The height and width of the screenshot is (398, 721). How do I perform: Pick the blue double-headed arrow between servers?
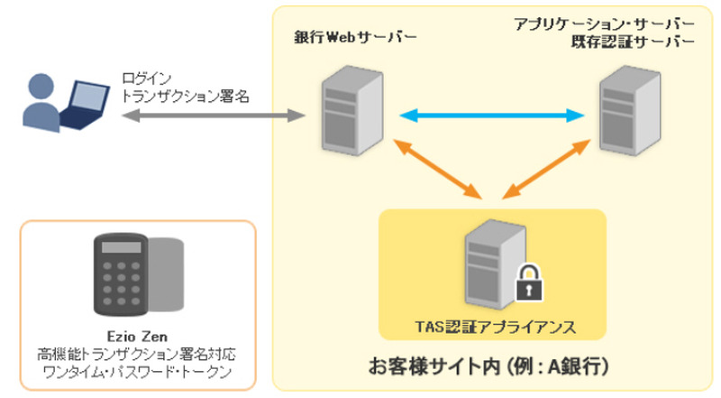492,115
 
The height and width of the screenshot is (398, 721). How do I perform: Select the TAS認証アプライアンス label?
492,325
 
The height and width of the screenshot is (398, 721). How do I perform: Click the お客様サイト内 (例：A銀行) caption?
492,366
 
